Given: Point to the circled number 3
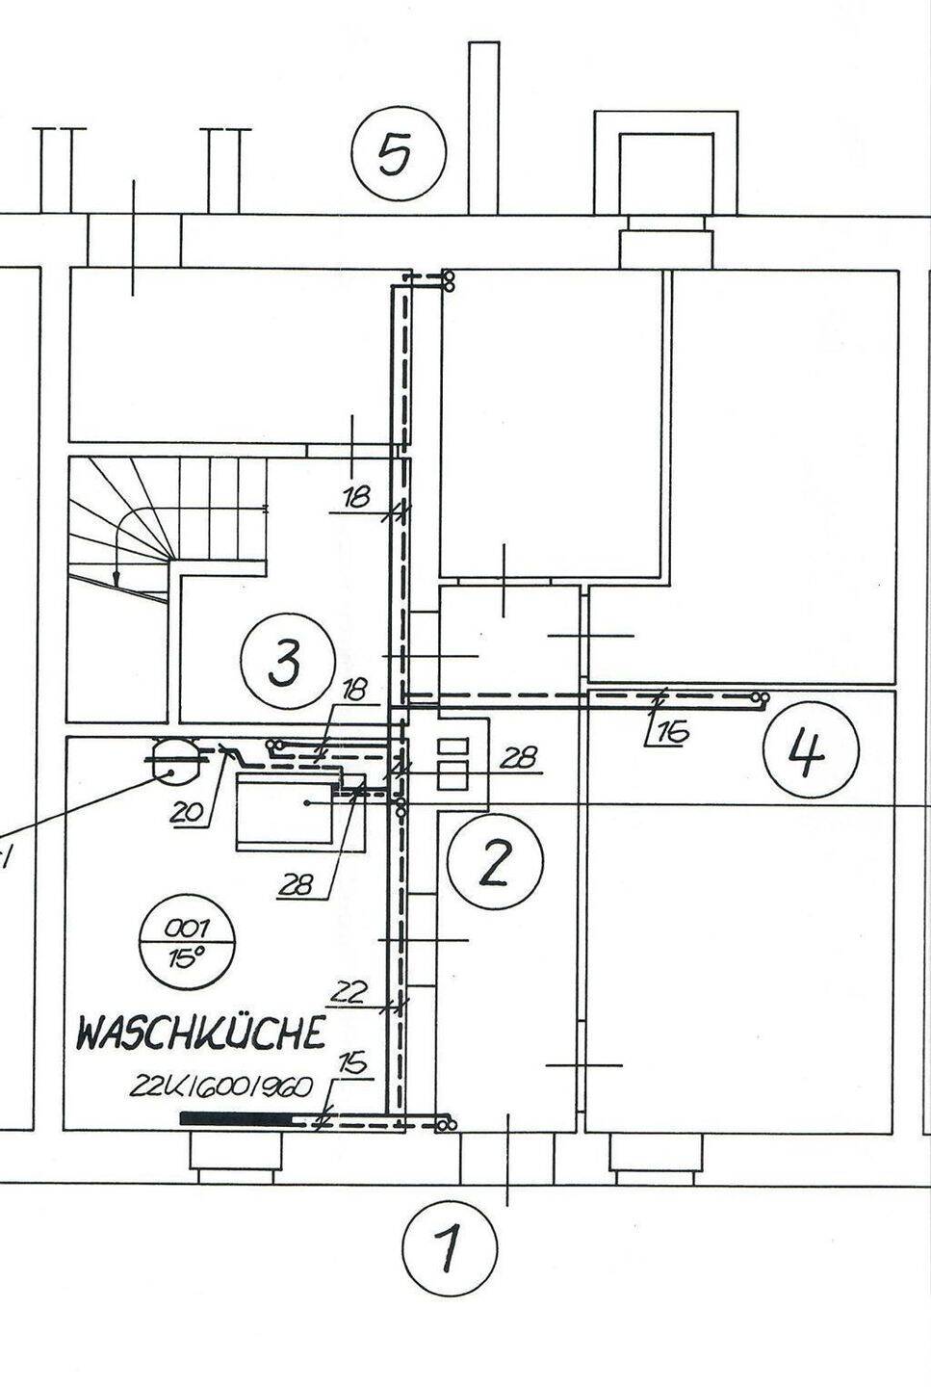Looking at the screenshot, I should [285, 664].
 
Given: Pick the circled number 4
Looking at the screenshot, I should [809, 752].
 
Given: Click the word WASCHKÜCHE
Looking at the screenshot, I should [199, 1034].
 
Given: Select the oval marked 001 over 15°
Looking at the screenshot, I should [187, 942].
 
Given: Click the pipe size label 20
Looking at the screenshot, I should [189, 812].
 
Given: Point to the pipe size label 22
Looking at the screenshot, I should [351, 991].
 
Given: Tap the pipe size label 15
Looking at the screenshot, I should [353, 1063].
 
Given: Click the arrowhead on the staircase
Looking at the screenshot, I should [116, 579].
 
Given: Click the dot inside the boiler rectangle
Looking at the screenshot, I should [305, 802].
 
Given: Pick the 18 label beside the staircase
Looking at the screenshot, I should [356, 497].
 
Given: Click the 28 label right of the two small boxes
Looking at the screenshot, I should [519, 758].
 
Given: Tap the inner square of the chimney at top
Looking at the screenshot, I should [664, 171].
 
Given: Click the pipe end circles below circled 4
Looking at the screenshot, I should [760, 696].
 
